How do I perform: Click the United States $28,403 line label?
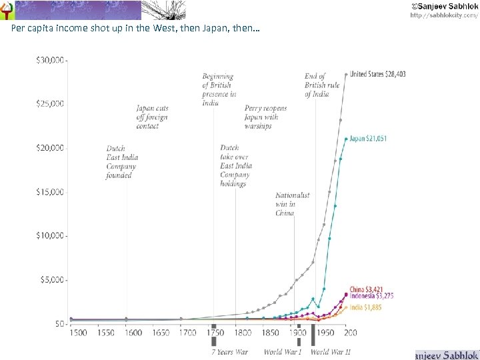377,75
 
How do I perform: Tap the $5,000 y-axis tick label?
52,280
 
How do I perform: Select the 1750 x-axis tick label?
215,333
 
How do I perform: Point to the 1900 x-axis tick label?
295,333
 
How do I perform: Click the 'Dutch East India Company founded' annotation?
122,162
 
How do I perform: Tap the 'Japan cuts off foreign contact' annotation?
152,117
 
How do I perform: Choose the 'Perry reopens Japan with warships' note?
265,117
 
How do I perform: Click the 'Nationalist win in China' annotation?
293,204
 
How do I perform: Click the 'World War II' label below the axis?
330,351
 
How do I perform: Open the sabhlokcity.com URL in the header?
443,15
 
